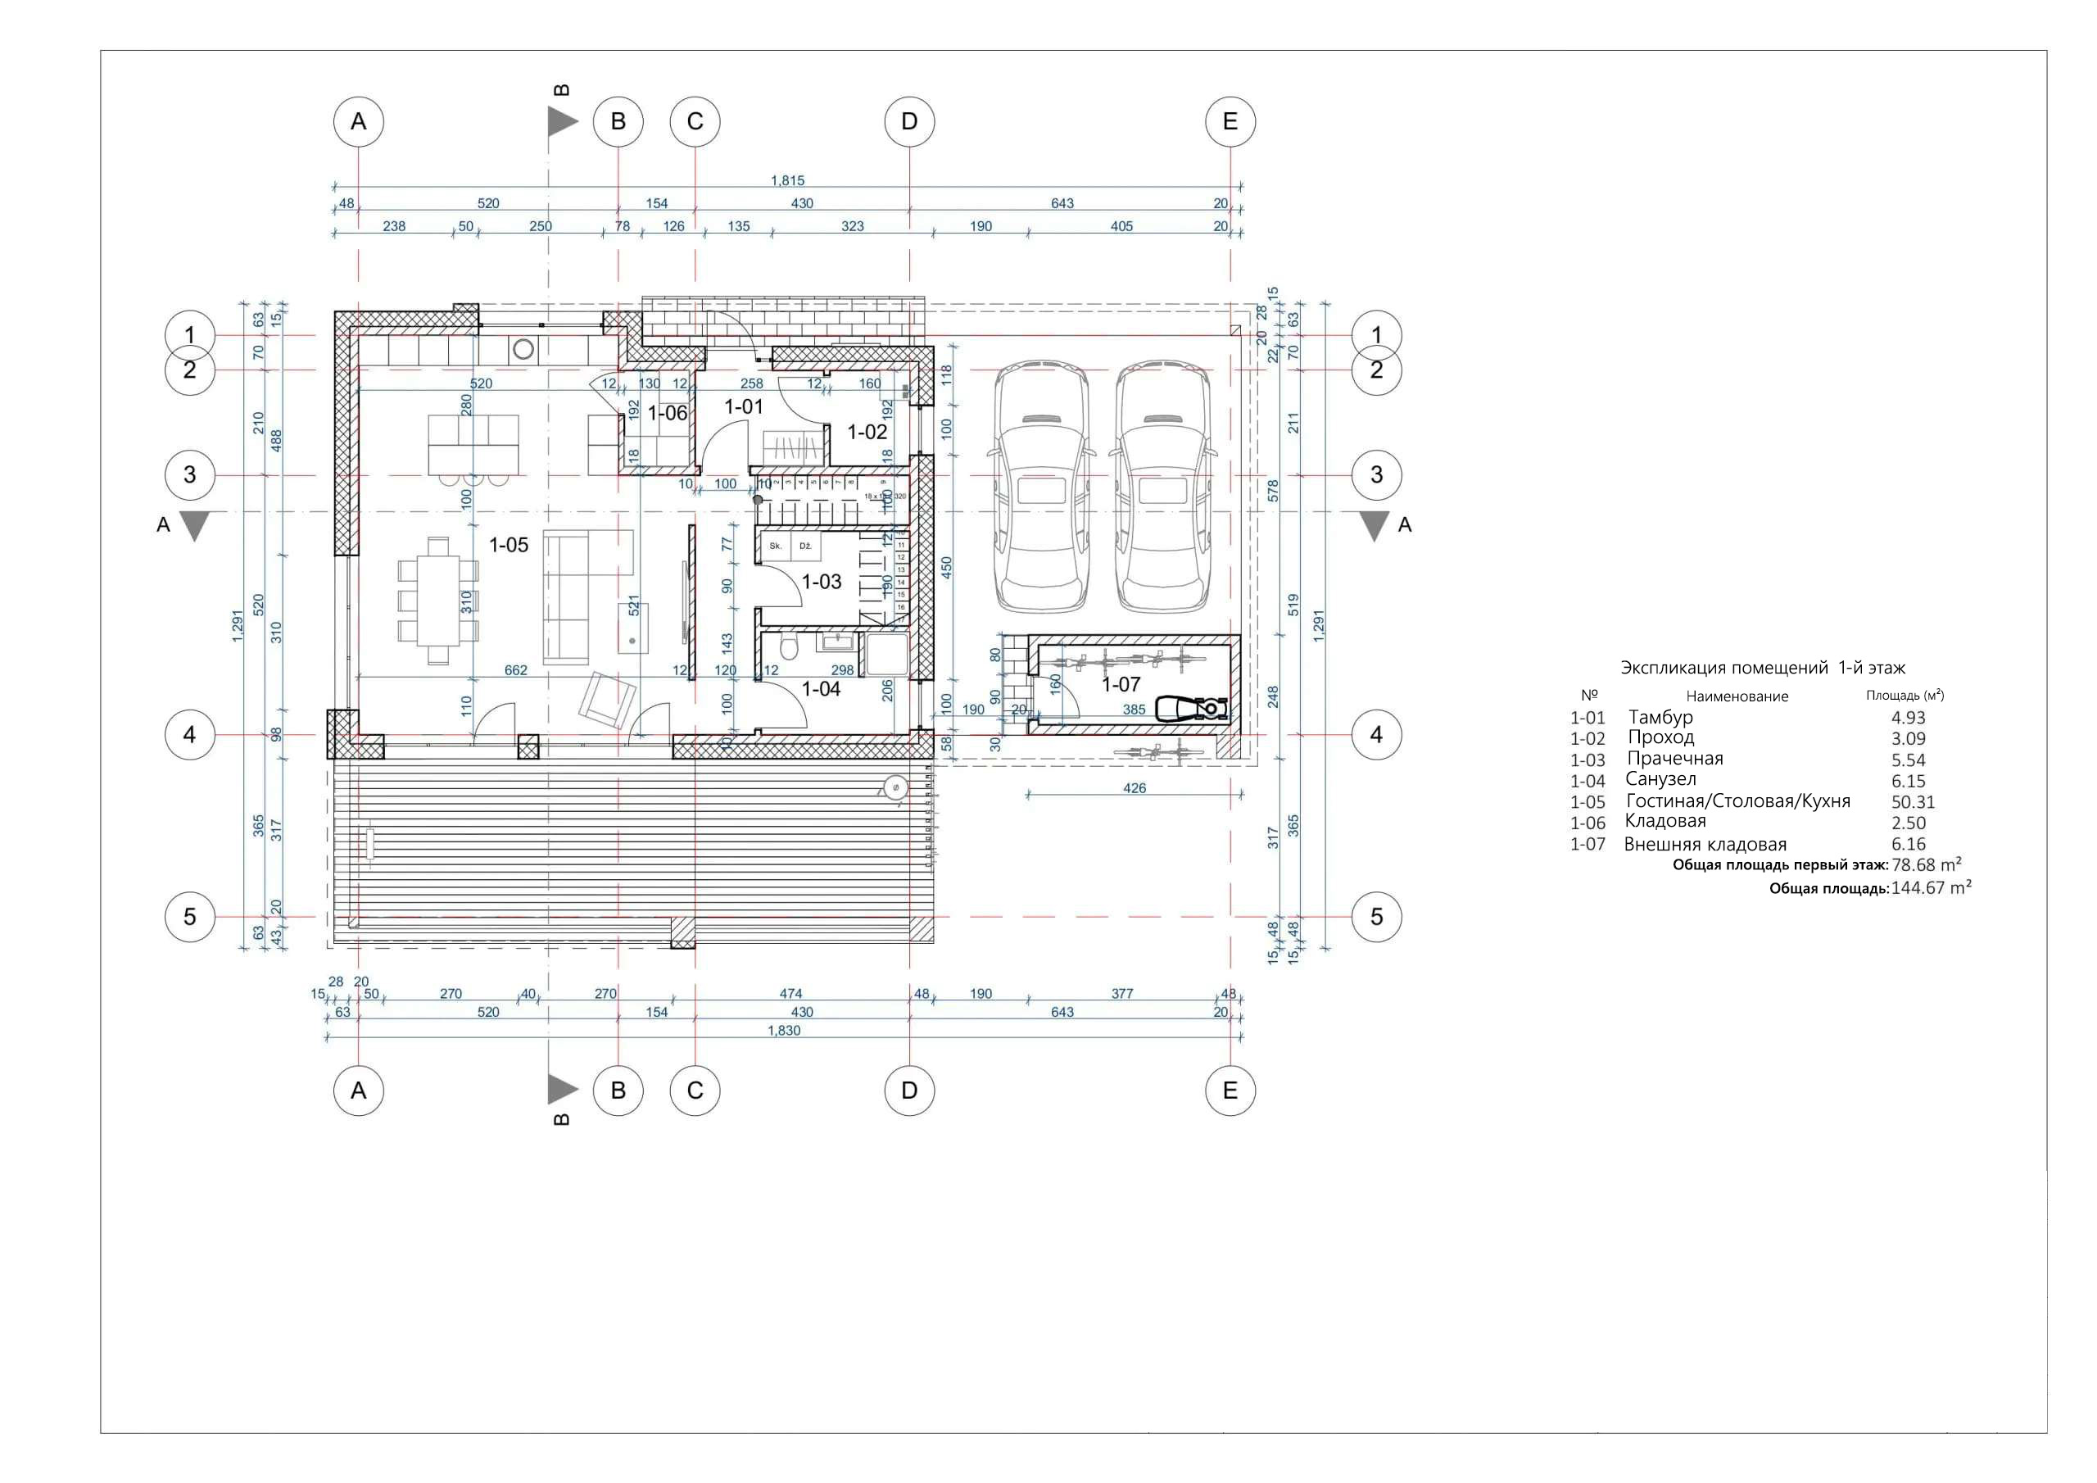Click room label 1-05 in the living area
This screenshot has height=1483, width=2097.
(x=509, y=546)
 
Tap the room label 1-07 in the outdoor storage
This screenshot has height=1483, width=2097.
(x=1121, y=684)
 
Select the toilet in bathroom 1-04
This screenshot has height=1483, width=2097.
(x=789, y=649)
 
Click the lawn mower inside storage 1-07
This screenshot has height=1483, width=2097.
(x=1192, y=709)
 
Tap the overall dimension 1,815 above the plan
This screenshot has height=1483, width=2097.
(x=787, y=181)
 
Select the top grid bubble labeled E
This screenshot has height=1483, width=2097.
(x=1230, y=121)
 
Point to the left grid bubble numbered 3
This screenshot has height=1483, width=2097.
(x=190, y=475)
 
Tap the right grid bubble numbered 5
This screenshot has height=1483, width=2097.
(x=1376, y=917)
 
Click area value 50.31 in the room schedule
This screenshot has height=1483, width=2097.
(x=1913, y=802)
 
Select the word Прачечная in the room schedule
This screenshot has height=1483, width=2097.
(x=1674, y=760)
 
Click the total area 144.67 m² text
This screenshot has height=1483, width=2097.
(x=1930, y=888)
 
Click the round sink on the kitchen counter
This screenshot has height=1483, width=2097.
(x=524, y=349)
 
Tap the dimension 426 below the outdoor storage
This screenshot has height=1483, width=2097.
(x=1134, y=787)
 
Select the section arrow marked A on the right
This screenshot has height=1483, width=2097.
(x=1375, y=525)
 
